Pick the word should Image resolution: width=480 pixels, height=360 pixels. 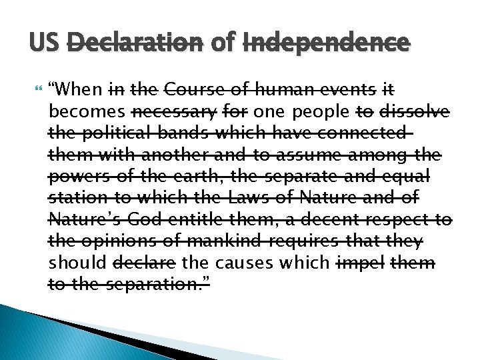(x=75, y=263)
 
